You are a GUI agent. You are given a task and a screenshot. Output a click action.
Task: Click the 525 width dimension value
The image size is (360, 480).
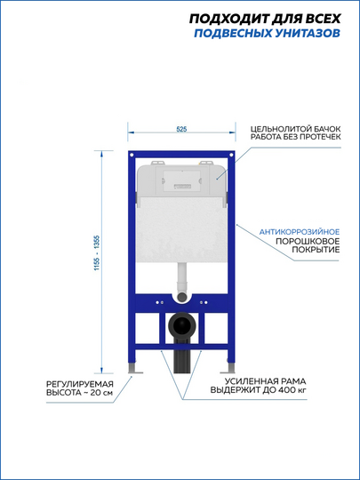(181, 129)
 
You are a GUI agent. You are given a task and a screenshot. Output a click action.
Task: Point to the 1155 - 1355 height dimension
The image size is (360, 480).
(97, 252)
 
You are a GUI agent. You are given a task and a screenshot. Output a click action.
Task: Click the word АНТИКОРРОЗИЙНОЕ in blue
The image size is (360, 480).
(300, 232)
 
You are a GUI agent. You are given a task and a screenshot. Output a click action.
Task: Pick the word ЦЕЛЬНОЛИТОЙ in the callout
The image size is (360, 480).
(278, 129)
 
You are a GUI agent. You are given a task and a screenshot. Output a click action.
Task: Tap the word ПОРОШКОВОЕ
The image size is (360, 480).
(308, 241)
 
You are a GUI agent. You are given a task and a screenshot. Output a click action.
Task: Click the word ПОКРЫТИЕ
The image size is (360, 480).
(316, 250)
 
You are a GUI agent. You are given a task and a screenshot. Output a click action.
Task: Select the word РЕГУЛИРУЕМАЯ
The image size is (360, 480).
(80, 384)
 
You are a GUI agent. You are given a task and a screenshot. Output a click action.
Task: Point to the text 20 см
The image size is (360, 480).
(101, 393)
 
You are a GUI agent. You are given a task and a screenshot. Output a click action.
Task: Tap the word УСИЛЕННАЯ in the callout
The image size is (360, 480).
(249, 381)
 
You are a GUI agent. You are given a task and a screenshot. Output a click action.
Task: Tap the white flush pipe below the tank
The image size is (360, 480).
(182, 277)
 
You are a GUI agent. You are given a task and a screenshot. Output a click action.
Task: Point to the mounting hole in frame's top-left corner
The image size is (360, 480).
(132, 155)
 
